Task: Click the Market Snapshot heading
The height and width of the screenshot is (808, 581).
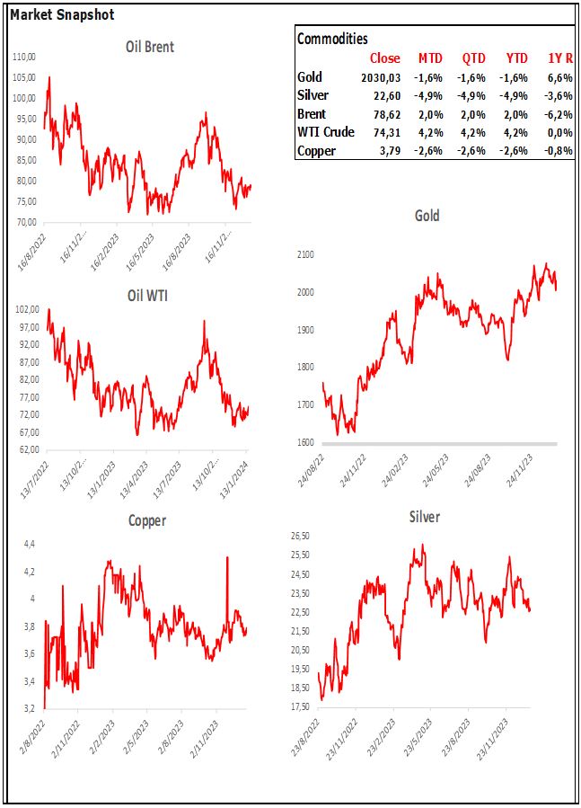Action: [62, 15]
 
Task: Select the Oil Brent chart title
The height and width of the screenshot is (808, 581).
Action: [150, 47]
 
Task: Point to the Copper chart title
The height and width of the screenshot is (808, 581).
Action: [147, 520]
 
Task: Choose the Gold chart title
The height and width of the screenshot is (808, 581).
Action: [427, 216]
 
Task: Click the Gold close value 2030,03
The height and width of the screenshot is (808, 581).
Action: [381, 77]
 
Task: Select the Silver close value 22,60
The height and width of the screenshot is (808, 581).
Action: [386, 95]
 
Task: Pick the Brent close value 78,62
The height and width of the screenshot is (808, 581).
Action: [386, 114]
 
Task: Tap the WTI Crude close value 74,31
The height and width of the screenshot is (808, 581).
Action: [386, 132]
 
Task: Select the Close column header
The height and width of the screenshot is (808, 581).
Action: [385, 58]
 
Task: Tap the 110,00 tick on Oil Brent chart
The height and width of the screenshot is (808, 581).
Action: [26, 57]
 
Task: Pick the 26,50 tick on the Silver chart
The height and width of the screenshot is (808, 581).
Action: [299, 537]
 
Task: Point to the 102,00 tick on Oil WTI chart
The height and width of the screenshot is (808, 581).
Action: [26, 309]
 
